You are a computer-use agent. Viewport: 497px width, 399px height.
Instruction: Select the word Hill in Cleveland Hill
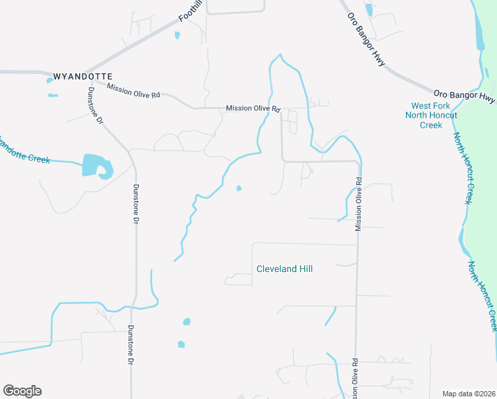305,269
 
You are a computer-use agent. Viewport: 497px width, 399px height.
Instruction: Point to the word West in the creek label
422,106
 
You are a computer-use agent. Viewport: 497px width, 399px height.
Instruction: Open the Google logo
22,391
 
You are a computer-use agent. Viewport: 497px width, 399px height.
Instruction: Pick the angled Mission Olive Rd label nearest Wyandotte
134,90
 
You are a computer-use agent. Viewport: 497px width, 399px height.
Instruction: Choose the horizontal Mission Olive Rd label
253,108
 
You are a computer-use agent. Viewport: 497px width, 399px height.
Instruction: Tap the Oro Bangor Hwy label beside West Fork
464,96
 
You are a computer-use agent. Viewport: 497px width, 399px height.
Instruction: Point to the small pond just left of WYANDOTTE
50,80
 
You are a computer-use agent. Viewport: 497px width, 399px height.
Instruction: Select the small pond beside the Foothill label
177,35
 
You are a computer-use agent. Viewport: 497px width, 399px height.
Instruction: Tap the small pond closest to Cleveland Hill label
239,188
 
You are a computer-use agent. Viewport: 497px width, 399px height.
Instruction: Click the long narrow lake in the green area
480,30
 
